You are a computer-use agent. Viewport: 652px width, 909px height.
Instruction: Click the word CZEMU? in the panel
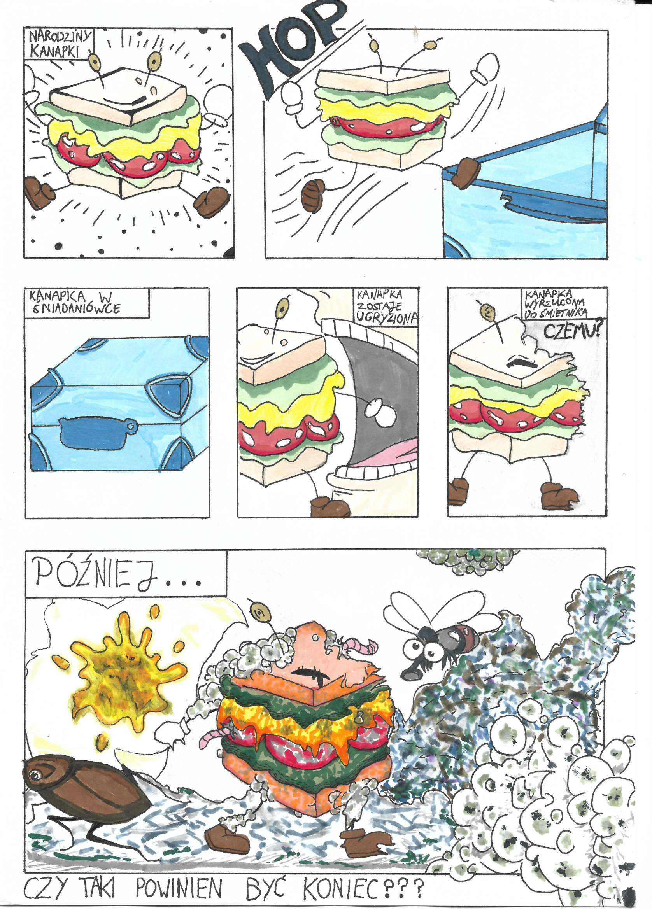(x=574, y=332)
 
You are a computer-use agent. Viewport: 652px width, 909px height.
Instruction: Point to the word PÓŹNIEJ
(x=118, y=576)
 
